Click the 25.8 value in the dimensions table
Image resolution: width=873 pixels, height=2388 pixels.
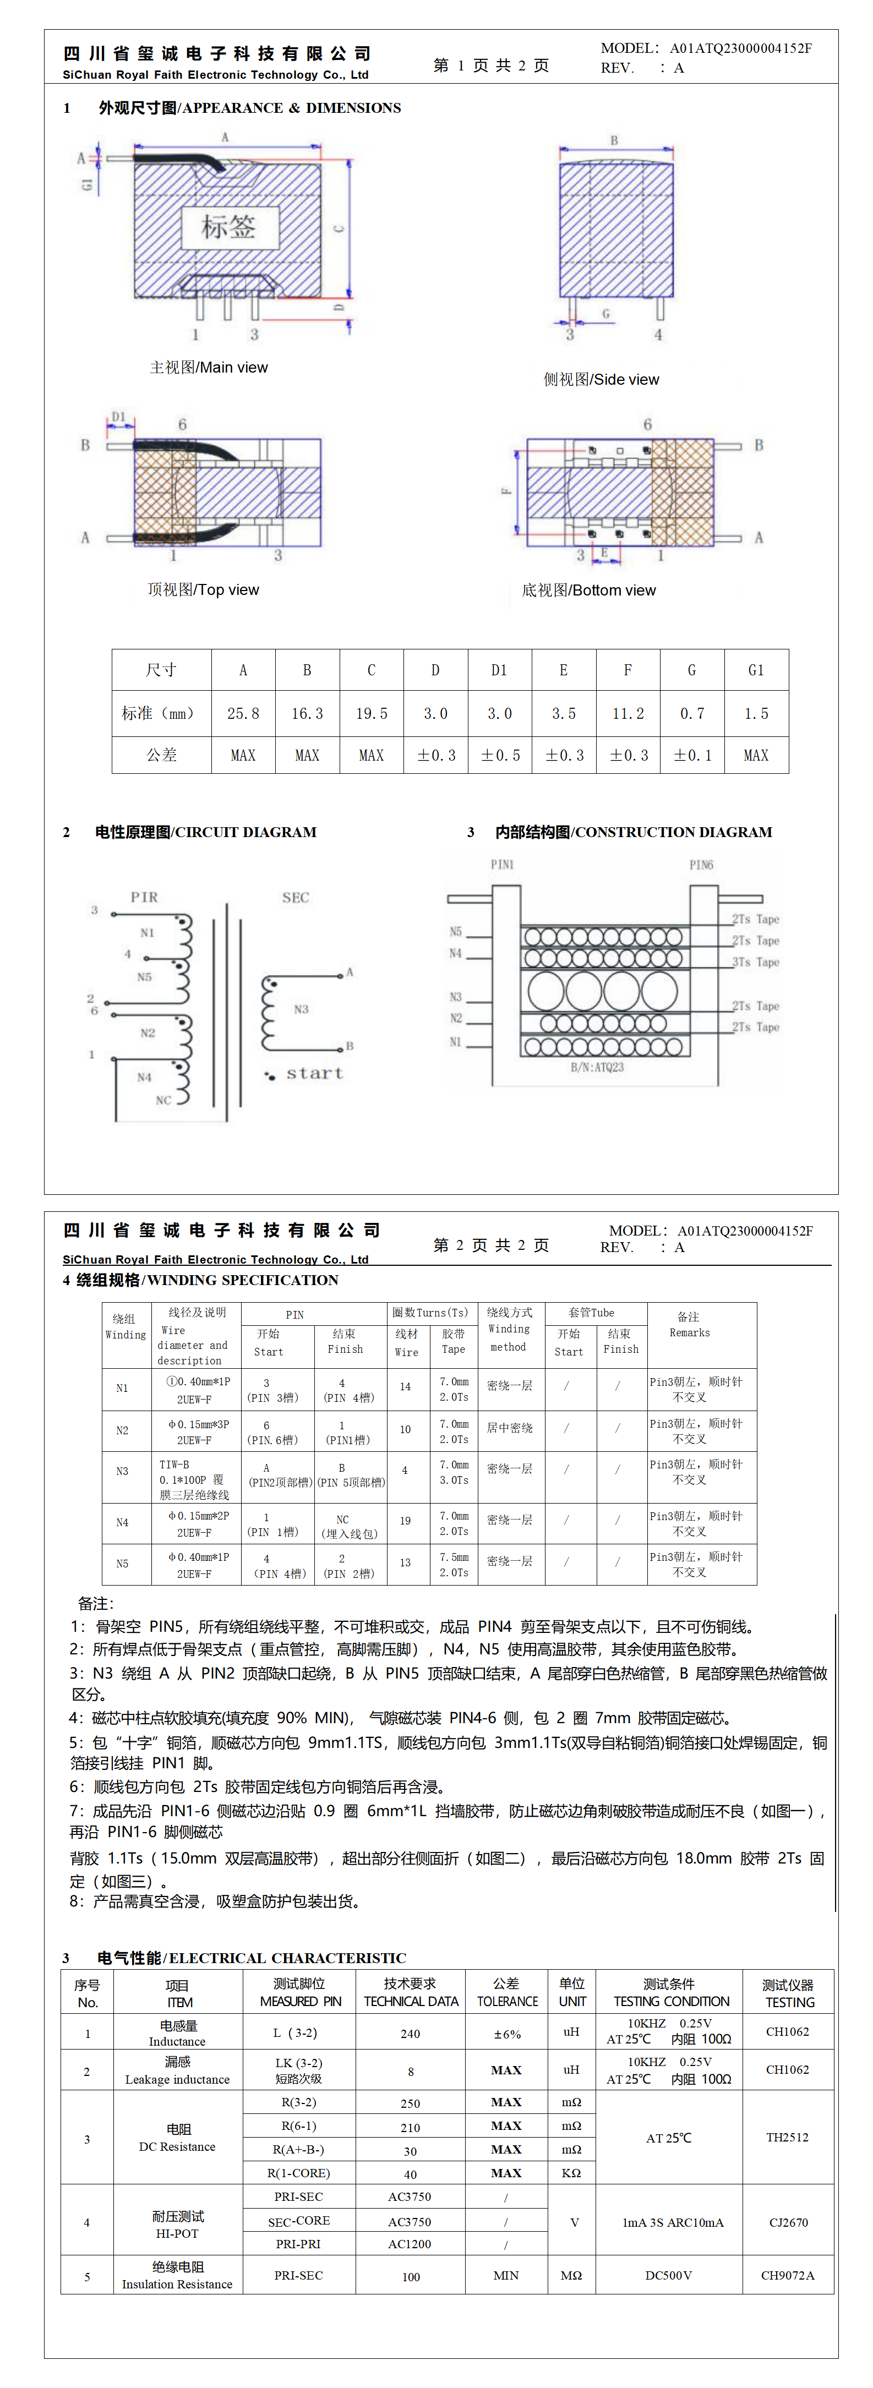[x=243, y=713]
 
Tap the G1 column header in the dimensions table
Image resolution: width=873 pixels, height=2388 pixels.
[x=755, y=669]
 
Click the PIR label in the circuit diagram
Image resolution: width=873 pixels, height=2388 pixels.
[x=144, y=897]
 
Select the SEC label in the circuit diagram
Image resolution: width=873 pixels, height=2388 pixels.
[x=296, y=897]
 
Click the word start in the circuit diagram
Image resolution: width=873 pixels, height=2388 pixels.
[x=314, y=1073]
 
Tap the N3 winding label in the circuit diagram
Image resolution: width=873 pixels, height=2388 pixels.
[x=301, y=1009]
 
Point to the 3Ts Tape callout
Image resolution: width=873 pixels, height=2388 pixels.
[x=755, y=962]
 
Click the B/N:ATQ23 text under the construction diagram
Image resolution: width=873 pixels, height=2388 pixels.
[x=597, y=1067]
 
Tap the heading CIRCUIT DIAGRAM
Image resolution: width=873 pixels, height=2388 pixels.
[x=206, y=832]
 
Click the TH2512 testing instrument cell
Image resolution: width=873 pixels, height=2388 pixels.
[x=787, y=2137]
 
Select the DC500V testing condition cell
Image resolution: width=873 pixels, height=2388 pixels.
[x=668, y=2275]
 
